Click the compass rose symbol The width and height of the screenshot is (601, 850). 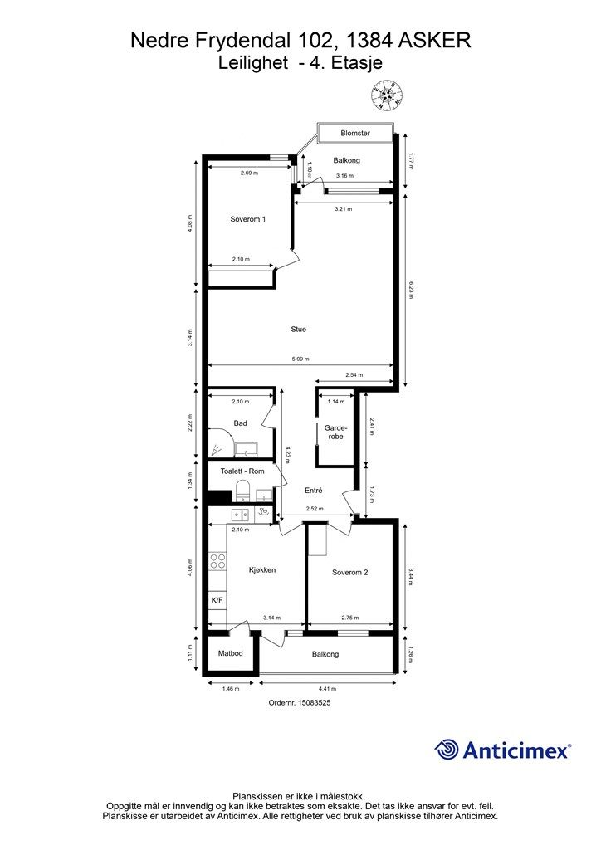coord(387,95)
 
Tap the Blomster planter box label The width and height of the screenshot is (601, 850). coord(355,134)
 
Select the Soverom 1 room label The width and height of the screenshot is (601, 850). coord(247,219)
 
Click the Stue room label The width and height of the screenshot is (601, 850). coord(299,329)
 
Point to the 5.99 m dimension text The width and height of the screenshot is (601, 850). coord(300,359)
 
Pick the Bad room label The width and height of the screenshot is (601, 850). coord(240,423)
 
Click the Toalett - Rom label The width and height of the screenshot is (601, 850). coord(242,471)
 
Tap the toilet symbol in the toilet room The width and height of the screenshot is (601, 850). coord(242,490)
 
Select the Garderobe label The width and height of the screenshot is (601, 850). coord(335,432)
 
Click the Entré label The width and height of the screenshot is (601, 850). coord(313,490)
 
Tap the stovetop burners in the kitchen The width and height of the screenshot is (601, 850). coord(217,560)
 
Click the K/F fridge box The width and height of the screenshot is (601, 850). coord(217,600)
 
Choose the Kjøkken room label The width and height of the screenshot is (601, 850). coord(262,569)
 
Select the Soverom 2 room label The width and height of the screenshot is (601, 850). coord(350,573)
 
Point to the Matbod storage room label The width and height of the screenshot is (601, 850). coord(230,653)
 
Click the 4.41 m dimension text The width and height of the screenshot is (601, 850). coord(327,689)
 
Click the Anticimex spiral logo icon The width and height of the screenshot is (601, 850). coord(446,750)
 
